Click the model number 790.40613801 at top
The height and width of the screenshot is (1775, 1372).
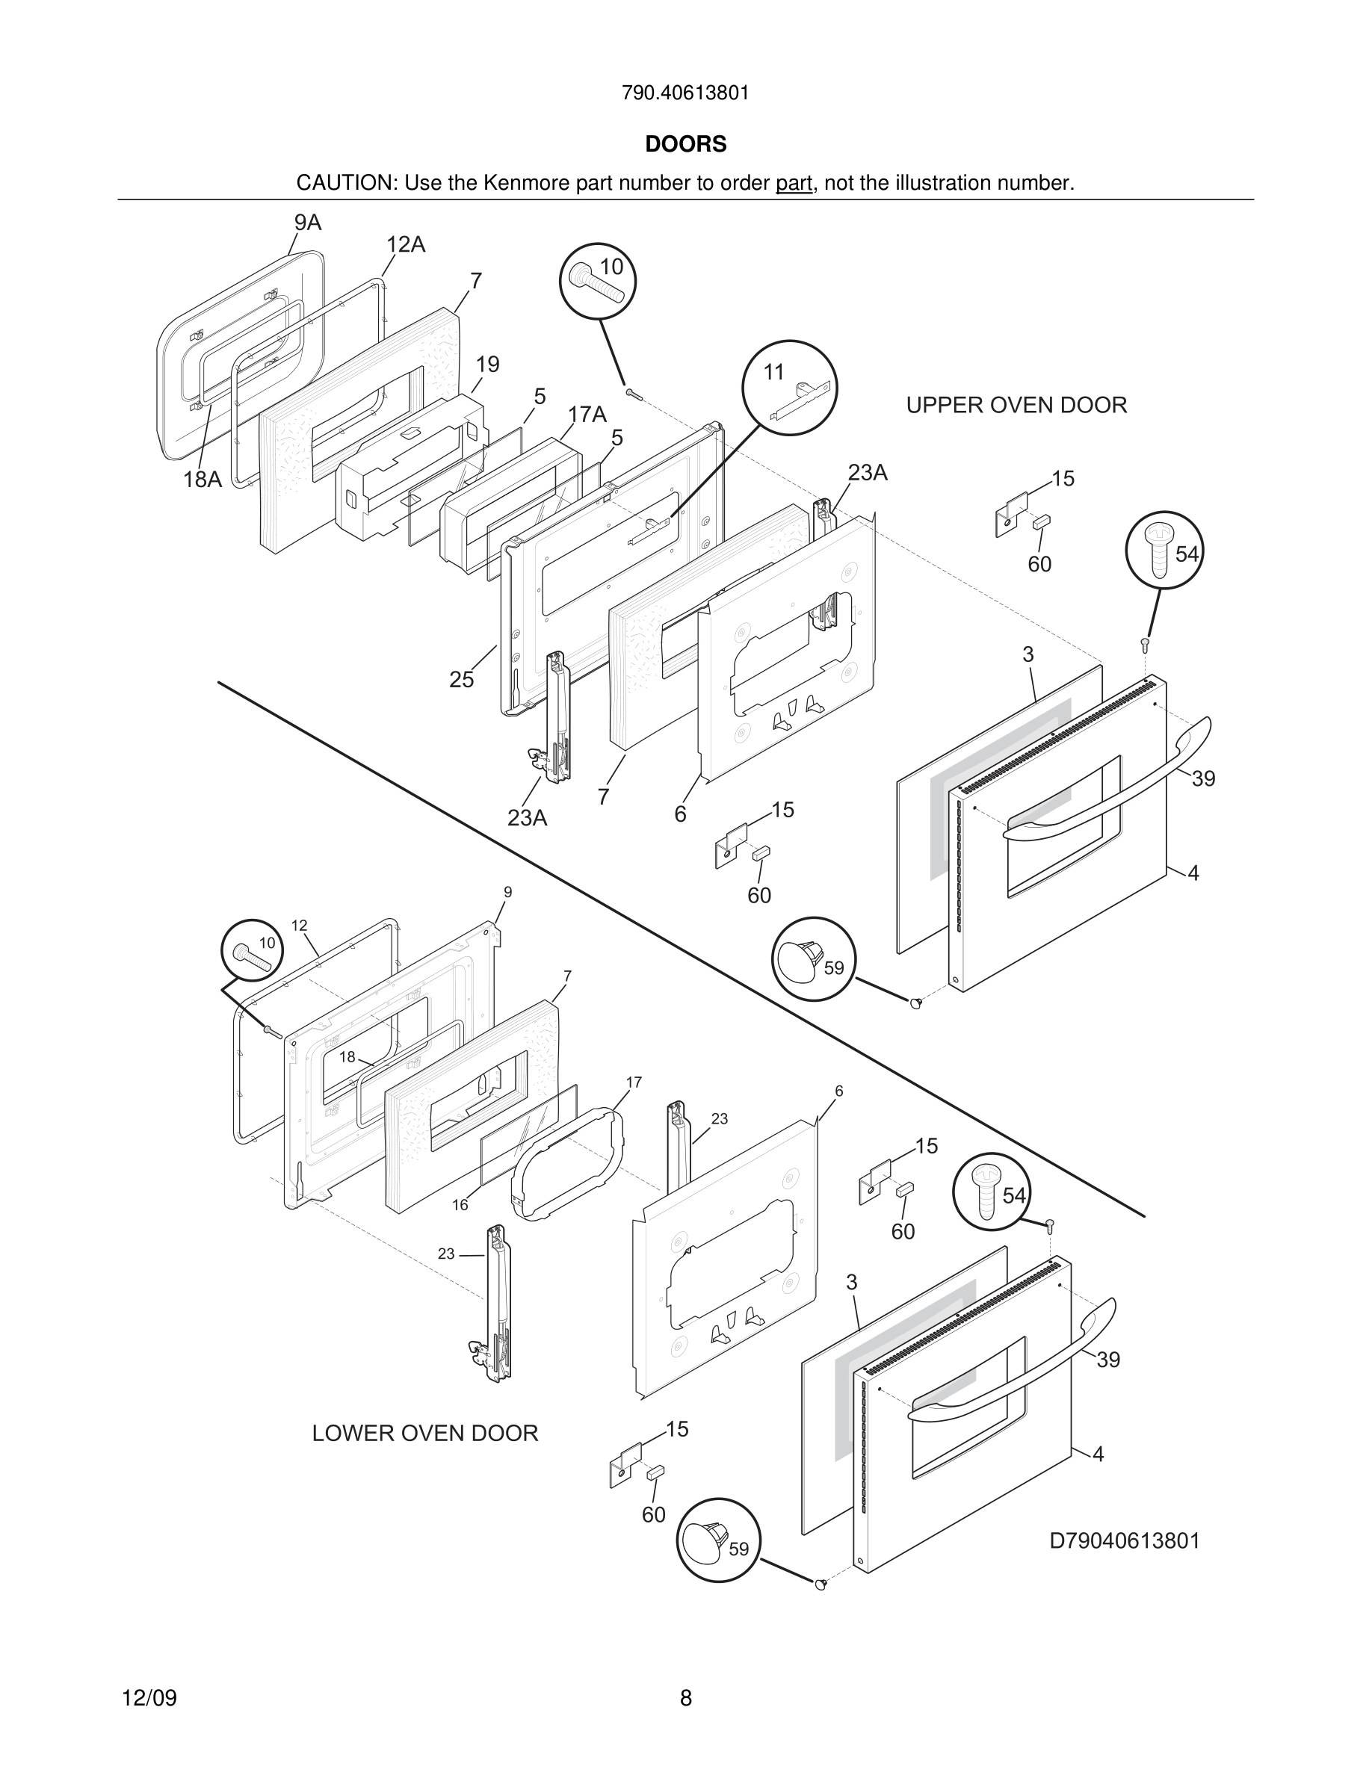(x=685, y=93)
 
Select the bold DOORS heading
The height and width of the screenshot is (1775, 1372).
(x=685, y=144)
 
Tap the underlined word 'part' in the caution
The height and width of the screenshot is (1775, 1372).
(x=794, y=183)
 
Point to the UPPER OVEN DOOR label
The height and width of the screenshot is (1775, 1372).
(x=1016, y=405)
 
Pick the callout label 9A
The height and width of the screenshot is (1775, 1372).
(x=307, y=223)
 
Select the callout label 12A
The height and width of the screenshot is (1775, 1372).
(x=405, y=244)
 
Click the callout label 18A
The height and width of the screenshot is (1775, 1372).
(x=203, y=480)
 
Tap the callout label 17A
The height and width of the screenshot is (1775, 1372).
(x=587, y=415)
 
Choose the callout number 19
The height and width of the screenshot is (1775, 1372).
(x=488, y=364)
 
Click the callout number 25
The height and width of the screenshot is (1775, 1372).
(x=462, y=679)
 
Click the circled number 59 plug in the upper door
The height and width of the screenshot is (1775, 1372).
(x=813, y=960)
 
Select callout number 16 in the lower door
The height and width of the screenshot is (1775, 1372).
(x=460, y=1204)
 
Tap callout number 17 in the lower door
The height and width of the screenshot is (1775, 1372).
(x=634, y=1082)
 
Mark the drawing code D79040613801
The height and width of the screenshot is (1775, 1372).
(x=1124, y=1541)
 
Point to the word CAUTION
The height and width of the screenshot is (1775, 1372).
(x=344, y=183)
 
